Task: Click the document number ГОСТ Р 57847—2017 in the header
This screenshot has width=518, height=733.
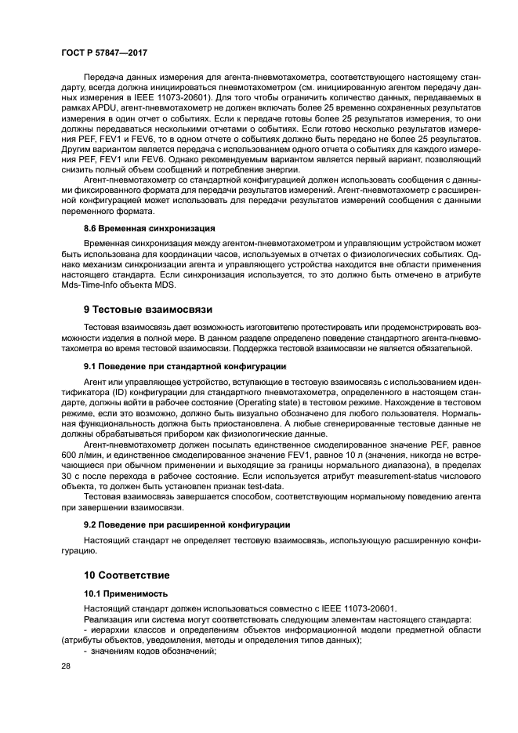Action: tap(103, 52)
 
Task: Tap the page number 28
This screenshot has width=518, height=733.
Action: tap(67, 666)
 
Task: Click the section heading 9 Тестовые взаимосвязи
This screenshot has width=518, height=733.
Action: tap(147, 309)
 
